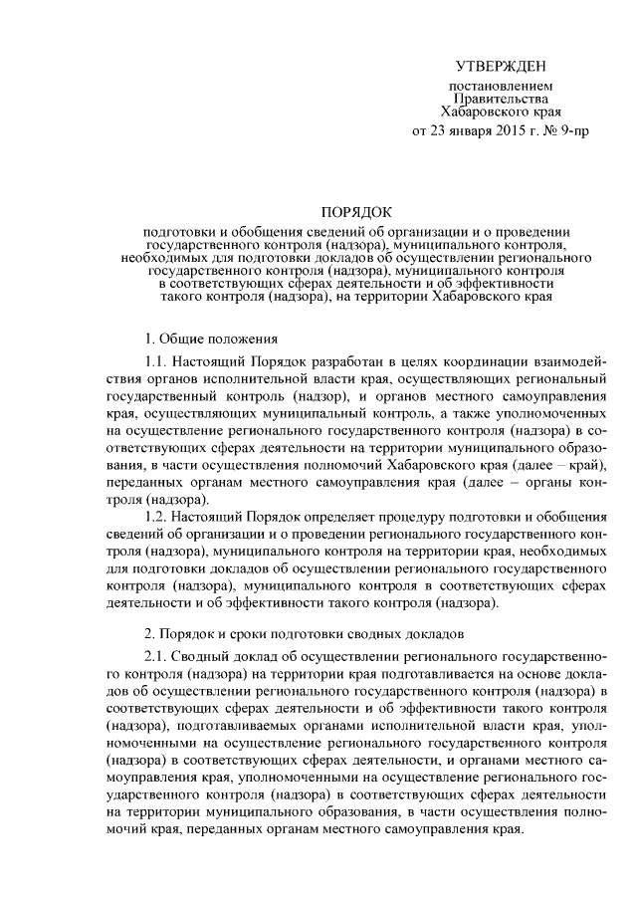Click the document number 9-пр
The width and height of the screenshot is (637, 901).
[572, 130]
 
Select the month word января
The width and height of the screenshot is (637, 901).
[472, 130]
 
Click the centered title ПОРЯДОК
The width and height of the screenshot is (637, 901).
[355, 211]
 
